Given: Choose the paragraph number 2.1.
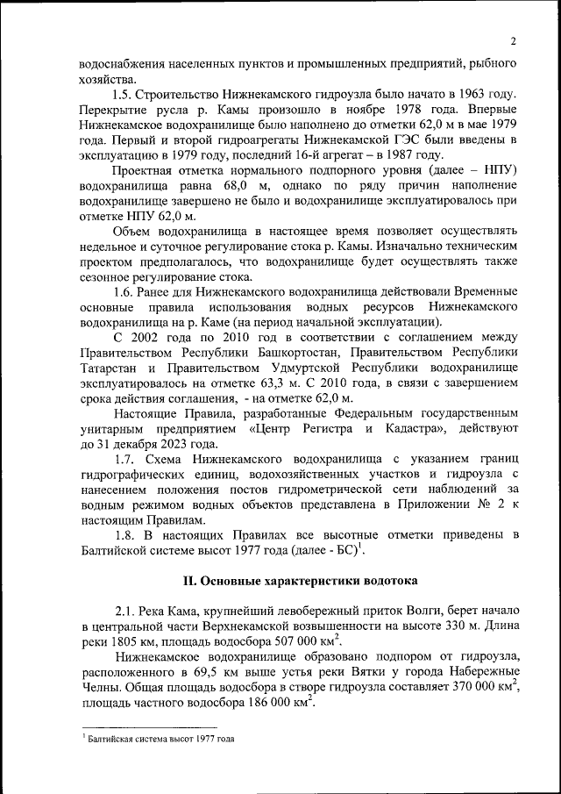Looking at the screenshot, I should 128,612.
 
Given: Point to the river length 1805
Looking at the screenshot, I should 124,643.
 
